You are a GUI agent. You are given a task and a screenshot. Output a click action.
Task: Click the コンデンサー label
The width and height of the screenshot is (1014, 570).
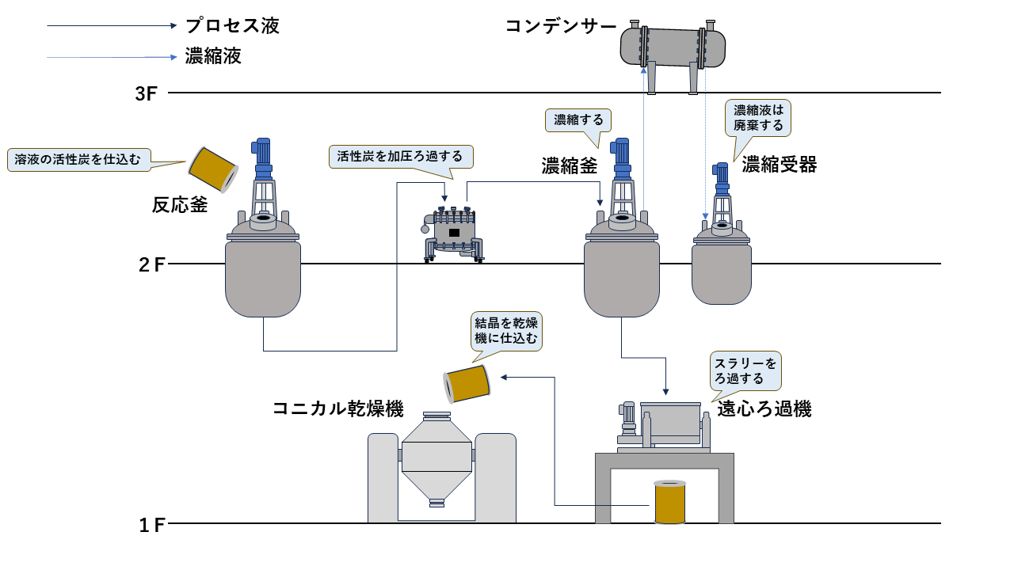(x=561, y=26)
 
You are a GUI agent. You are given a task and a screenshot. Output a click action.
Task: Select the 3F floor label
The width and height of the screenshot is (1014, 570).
(x=147, y=93)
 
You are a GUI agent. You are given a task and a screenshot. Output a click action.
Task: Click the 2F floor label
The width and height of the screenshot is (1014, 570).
(x=151, y=264)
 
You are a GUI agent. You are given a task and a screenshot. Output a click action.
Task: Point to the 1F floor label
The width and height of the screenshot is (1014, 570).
(x=151, y=524)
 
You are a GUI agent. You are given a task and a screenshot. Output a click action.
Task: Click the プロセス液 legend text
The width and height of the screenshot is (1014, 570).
(x=232, y=26)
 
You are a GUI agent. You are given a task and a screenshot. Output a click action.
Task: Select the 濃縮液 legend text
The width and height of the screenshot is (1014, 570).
(x=213, y=57)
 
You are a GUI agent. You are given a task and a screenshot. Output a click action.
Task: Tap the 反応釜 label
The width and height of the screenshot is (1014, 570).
(x=180, y=206)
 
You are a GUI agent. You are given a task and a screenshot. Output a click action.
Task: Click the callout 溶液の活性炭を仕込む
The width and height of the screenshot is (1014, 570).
(x=78, y=159)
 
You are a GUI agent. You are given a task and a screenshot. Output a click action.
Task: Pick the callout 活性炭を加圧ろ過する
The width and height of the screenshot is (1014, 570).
(x=400, y=156)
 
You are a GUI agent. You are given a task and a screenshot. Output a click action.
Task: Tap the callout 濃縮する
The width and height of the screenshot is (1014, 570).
(x=578, y=120)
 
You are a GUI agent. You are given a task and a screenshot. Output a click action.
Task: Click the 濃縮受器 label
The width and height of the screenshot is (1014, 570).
(x=779, y=165)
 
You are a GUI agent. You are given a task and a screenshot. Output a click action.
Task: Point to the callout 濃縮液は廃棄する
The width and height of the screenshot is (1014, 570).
(x=758, y=117)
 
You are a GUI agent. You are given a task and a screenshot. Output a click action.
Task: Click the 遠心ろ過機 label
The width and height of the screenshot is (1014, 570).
(x=764, y=409)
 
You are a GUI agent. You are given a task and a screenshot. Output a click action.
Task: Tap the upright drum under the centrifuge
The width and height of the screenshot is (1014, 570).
(x=669, y=502)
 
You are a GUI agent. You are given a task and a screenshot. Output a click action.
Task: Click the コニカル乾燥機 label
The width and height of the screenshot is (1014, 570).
(x=338, y=409)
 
